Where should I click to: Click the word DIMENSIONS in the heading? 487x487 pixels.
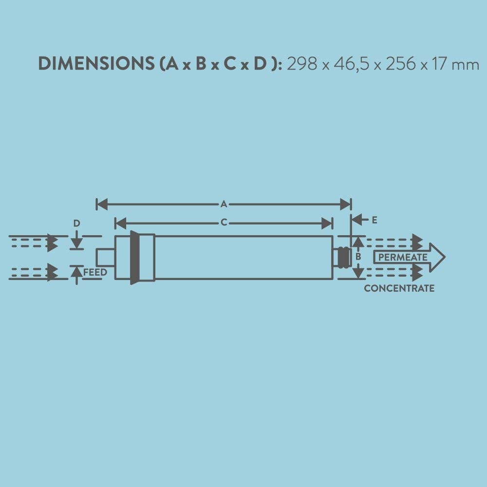[96, 64]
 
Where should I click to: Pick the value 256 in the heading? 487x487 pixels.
[401, 64]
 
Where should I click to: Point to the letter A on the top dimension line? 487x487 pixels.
[224, 205]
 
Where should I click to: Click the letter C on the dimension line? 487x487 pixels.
[224, 223]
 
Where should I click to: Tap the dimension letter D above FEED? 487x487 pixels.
[76, 224]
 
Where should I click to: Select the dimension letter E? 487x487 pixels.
[374, 220]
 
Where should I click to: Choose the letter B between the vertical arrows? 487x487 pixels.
[358, 257]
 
